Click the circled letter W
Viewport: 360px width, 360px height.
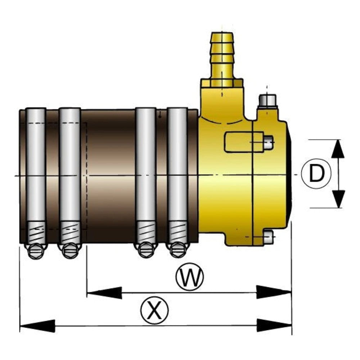pyautogui.click(x=190, y=276)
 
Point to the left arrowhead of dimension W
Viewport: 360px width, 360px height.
pyautogui.click(x=104, y=293)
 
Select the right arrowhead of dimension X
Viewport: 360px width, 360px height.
pyautogui.click(x=274, y=325)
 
